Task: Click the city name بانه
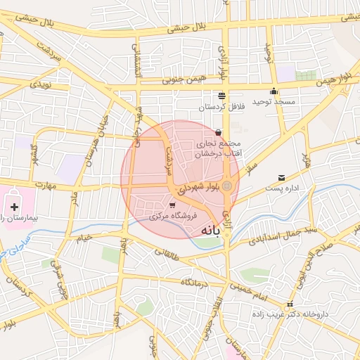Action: click(215, 230)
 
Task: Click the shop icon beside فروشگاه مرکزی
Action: click(172, 205)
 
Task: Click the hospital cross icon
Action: click(15, 207)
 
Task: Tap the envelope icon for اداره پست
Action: click(282, 178)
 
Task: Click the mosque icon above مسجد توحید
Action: click(274, 91)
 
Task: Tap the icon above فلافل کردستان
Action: click(222, 96)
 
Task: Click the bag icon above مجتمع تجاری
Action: click(219, 131)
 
